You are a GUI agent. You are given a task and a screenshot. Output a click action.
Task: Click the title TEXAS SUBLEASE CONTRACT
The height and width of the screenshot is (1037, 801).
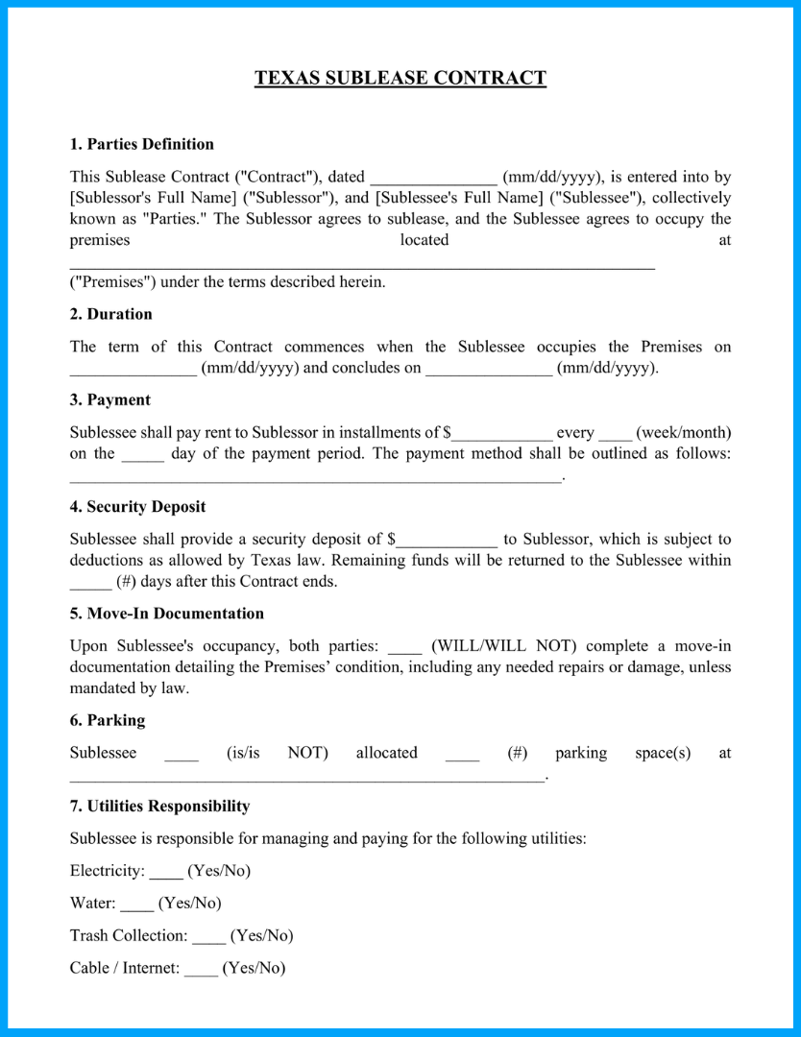click(x=400, y=79)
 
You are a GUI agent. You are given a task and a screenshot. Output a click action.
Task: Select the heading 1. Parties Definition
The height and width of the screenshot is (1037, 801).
click(x=141, y=144)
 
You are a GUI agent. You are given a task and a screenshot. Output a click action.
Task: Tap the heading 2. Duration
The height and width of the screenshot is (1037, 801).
click(x=110, y=314)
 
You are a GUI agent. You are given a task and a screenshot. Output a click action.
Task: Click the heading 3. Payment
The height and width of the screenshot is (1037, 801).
click(x=109, y=399)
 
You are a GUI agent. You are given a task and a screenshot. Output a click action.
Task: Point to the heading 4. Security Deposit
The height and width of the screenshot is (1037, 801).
click(x=137, y=506)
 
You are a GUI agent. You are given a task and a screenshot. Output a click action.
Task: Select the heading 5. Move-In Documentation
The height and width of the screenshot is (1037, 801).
click(x=166, y=613)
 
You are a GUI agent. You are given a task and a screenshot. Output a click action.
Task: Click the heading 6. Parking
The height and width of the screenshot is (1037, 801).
click(x=107, y=719)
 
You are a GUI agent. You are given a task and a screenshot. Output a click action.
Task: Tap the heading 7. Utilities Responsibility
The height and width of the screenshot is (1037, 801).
click(x=159, y=806)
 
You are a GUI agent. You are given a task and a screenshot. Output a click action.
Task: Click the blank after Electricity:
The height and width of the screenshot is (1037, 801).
click(x=166, y=872)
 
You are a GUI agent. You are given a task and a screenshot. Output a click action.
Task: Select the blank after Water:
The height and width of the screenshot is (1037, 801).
click(x=136, y=904)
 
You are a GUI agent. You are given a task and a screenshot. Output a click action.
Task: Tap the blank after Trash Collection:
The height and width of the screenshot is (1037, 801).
click(x=208, y=936)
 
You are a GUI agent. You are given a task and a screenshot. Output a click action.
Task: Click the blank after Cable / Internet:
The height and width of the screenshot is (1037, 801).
click(x=201, y=969)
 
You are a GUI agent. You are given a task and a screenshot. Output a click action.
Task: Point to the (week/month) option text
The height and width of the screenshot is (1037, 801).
click(x=683, y=432)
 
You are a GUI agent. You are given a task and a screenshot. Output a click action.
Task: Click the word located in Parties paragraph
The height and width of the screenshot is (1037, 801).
click(x=425, y=240)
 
